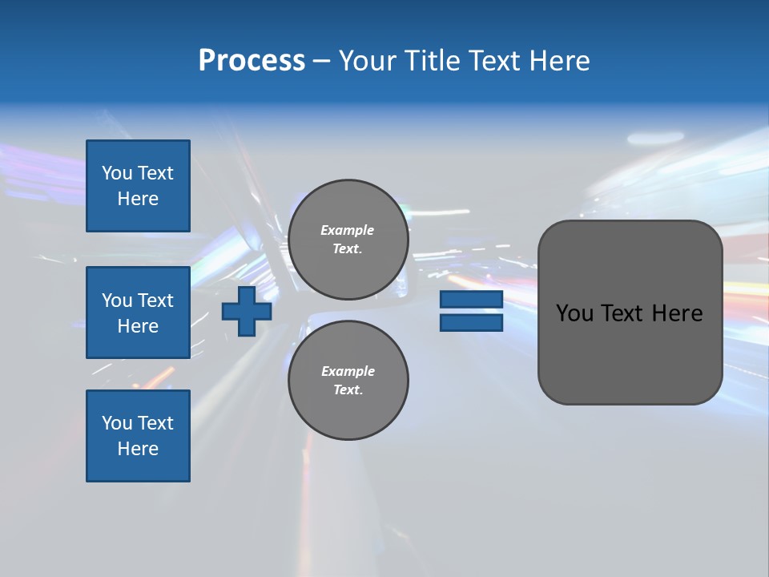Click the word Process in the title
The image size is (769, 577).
[252, 60]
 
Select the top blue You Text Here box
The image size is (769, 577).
[138, 186]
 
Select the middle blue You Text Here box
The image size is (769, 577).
[138, 313]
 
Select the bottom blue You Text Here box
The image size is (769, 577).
[138, 436]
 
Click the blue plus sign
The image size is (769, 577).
[247, 311]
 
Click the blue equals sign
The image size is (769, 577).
[471, 311]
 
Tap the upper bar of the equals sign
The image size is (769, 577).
[471, 300]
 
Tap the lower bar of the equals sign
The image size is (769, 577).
[471, 323]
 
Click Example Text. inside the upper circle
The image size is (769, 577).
[348, 239]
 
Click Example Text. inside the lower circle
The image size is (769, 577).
[348, 380]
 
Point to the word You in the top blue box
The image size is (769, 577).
[117, 173]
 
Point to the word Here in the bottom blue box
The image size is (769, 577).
[138, 449]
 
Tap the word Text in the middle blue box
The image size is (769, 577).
[155, 301]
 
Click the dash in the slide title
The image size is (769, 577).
[322, 61]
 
